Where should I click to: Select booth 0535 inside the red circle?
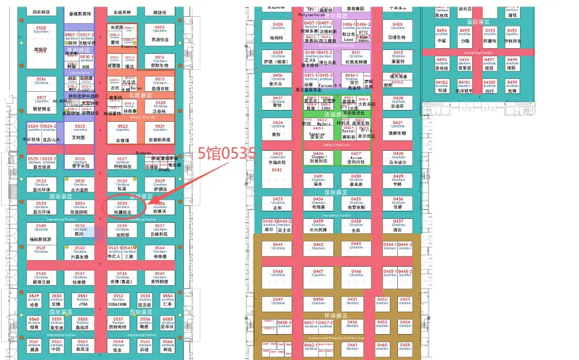122,207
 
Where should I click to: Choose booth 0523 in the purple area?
80,131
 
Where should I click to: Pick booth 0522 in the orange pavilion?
122,132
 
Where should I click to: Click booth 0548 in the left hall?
41,277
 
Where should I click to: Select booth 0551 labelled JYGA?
83,299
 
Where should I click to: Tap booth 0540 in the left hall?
41,230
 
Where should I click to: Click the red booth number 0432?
277,170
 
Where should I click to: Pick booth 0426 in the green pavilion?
318,157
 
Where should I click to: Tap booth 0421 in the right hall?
397,127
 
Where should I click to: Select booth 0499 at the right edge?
512,86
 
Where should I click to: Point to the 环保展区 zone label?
336,316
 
